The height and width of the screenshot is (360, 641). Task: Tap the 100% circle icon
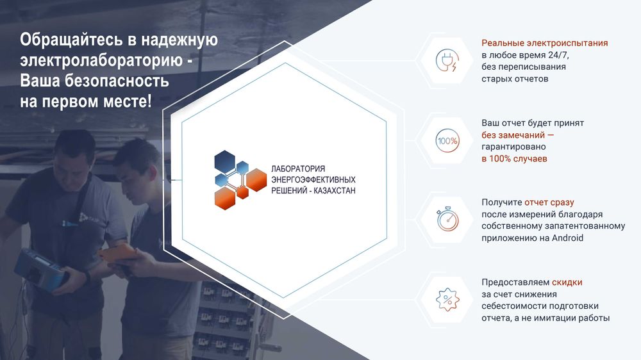point(446,140)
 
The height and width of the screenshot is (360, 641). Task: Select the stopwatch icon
point(446,219)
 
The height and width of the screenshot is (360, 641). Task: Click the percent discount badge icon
point(446,299)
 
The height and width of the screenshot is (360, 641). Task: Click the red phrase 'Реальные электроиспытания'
point(544,44)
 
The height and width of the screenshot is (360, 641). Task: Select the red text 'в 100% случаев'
point(514,159)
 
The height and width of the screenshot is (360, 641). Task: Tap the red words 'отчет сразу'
point(549,202)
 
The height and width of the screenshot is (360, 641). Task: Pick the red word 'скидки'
point(567,282)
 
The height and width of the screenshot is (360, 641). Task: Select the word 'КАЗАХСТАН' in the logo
point(331,191)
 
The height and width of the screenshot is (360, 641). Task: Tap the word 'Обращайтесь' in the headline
point(67,40)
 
